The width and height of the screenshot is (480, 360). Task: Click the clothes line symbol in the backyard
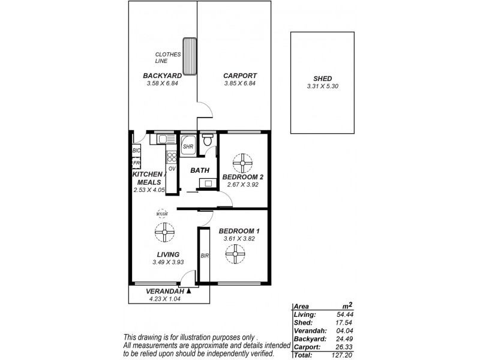(x=190, y=56)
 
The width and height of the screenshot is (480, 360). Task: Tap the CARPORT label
(x=240, y=76)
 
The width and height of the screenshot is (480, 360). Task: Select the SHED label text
(x=322, y=79)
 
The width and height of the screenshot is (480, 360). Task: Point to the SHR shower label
(x=188, y=147)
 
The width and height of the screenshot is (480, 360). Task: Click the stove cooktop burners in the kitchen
(x=172, y=158)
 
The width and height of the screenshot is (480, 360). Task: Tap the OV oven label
(x=172, y=169)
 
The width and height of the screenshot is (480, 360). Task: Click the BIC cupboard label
(x=136, y=151)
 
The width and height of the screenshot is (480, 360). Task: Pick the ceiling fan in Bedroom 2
(x=243, y=162)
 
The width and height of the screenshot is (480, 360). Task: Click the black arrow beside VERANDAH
(x=188, y=290)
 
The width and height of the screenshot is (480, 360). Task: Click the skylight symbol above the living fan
(x=161, y=213)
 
